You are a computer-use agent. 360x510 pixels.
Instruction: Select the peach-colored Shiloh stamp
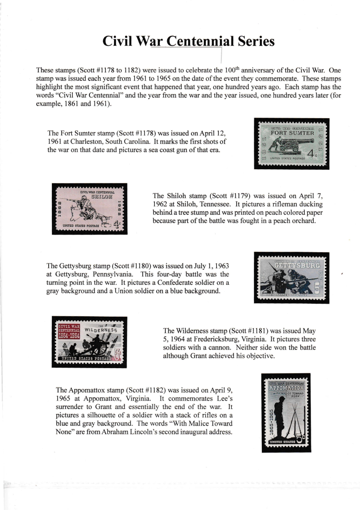89,208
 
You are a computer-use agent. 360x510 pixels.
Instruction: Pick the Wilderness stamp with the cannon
89,342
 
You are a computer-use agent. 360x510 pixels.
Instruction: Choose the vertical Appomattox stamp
286,412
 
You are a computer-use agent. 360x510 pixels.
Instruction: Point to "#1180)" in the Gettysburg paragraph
137,266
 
